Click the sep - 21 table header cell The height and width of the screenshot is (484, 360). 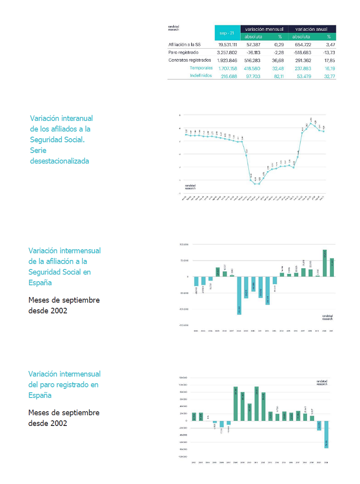[x=227, y=33]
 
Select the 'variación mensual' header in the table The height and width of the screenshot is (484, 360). [x=264, y=29]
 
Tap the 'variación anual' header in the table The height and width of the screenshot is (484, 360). [x=312, y=29]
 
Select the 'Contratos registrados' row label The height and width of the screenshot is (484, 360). [x=190, y=60]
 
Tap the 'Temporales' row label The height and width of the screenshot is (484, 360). [x=201, y=68]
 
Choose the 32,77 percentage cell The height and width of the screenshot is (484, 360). [x=330, y=76]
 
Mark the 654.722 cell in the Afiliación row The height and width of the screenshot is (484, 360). [x=303, y=45]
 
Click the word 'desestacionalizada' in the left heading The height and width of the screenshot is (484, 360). [x=60, y=161]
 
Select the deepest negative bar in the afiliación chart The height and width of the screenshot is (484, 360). [x=239, y=295]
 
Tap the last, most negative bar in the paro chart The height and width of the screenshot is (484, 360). [x=326, y=435]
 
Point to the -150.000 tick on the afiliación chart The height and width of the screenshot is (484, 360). [x=183, y=325]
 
